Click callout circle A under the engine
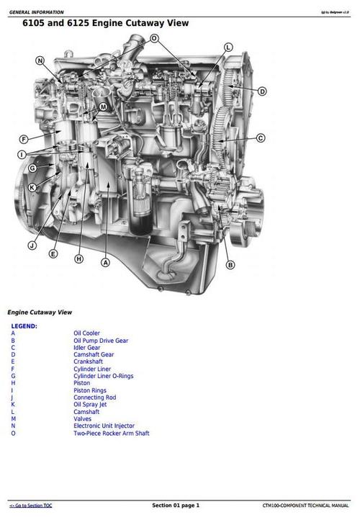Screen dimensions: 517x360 [105, 263]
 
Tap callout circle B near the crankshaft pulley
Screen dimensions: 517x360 [230, 264]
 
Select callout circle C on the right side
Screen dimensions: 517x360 [261, 138]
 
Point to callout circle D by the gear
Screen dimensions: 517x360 [262, 91]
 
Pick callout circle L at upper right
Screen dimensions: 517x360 [228, 47]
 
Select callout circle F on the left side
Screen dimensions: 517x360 [24, 139]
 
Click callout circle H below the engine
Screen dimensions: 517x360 [78, 258]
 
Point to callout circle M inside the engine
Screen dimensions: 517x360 [103, 107]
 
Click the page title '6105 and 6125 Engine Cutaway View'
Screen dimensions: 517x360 [105, 23]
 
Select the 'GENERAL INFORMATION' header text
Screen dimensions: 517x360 [36, 12]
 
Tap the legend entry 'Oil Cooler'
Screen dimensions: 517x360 [86, 333]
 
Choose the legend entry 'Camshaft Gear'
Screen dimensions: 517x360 [93, 354]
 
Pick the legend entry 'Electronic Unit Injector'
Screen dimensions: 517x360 [104, 426]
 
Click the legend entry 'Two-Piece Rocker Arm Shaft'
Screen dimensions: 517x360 [111, 433]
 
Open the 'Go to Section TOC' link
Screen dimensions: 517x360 [30, 505]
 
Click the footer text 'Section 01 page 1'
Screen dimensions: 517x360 [176, 505]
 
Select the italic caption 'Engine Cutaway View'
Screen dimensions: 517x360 [39, 313]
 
